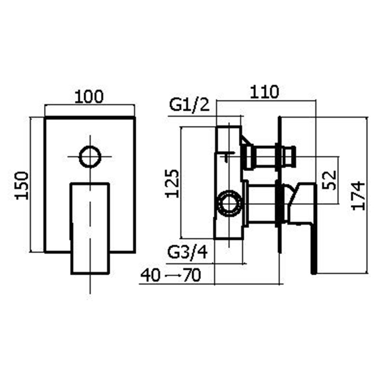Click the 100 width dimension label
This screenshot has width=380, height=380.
(x=90, y=97)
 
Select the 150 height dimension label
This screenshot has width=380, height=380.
(x=22, y=185)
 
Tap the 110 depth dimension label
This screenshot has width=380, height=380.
(x=264, y=92)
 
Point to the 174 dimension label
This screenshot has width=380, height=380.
(x=359, y=196)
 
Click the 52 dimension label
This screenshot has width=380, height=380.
(x=330, y=180)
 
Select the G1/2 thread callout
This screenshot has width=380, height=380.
(x=188, y=105)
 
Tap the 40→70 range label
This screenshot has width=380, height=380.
(x=171, y=275)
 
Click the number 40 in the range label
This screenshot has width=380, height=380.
(x=150, y=275)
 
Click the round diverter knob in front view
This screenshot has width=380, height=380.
(x=90, y=157)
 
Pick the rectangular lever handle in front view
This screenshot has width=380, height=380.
(x=90, y=228)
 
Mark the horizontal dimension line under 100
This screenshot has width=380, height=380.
(x=90, y=105)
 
